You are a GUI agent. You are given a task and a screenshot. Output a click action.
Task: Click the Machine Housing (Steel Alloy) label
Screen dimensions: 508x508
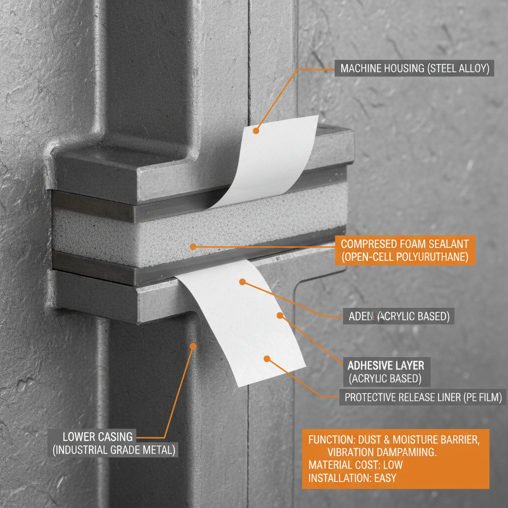412,68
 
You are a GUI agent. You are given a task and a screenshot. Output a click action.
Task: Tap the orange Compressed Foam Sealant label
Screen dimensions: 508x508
405,251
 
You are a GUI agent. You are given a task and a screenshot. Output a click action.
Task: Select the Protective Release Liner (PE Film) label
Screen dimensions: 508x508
423,397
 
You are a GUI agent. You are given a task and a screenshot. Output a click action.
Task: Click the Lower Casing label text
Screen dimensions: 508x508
98,437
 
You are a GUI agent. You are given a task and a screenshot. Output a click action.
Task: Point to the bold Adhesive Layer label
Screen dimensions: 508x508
385,366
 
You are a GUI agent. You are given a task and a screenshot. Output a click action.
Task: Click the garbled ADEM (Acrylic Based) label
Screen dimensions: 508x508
398,317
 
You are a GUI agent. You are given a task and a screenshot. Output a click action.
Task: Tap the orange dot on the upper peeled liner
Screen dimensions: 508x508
256,131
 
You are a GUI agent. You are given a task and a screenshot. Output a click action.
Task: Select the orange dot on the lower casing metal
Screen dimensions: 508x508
193,346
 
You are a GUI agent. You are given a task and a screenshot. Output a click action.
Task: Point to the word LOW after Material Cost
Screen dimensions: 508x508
393,465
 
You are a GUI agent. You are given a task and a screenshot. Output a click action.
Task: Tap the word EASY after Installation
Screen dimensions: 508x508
382,479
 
